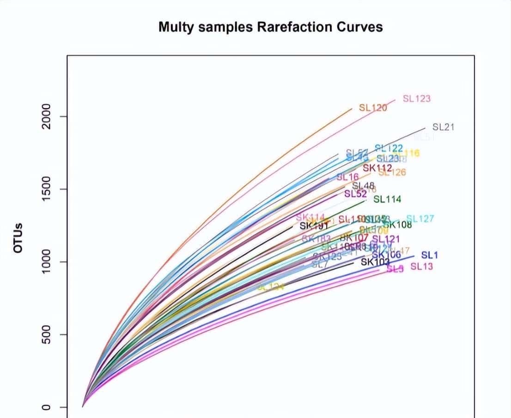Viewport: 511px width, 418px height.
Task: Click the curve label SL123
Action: click(417, 98)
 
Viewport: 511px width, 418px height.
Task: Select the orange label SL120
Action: click(373, 108)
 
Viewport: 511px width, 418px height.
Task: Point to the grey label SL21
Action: click(444, 127)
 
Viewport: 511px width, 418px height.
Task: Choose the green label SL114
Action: click(387, 199)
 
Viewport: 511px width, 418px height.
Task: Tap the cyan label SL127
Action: click(420, 219)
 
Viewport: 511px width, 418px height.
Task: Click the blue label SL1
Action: click(430, 255)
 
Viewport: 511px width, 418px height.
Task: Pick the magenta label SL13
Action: click(422, 266)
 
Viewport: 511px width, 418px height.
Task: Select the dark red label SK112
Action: click(377, 168)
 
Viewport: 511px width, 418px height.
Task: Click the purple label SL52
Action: click(355, 194)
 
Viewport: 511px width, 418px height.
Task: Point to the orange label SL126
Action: click(393, 173)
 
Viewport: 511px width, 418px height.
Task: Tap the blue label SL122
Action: click(389, 148)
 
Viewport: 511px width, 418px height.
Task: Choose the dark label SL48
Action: click(363, 186)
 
